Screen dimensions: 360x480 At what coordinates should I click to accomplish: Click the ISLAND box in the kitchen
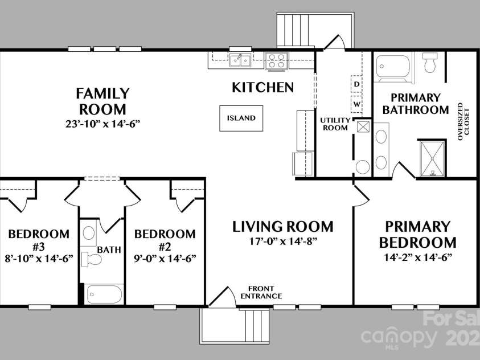click(241, 118)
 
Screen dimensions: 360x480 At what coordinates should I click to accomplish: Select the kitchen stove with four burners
click(277, 60)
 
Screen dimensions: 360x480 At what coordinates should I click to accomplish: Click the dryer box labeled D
click(356, 84)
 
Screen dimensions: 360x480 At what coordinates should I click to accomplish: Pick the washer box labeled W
click(356, 104)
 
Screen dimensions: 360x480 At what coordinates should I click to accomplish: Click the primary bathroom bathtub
click(394, 68)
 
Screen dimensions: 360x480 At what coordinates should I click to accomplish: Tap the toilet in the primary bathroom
click(430, 63)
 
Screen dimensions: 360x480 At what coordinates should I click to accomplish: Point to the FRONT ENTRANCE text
click(261, 292)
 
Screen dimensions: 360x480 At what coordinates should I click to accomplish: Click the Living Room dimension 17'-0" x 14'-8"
click(282, 241)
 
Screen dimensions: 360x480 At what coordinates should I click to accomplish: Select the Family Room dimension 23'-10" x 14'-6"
click(103, 123)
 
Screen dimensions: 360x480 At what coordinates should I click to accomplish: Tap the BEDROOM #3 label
click(39, 240)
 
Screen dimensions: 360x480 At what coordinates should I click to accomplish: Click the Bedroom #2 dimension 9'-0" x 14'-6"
click(165, 258)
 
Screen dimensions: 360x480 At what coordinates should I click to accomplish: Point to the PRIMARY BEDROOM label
click(418, 234)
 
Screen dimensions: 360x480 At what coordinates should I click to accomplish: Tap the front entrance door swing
click(224, 297)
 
